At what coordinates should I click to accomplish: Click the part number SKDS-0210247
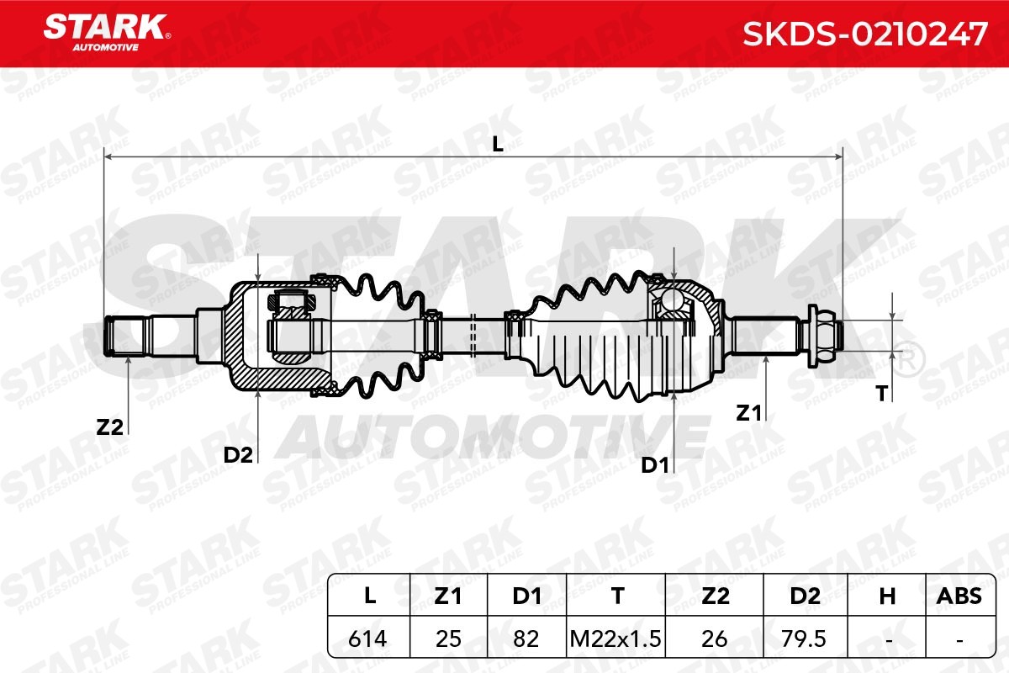(x=865, y=34)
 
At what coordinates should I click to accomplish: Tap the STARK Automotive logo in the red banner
(x=107, y=33)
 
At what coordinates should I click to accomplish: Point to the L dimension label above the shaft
(x=497, y=144)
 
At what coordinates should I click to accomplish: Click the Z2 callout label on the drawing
(x=109, y=427)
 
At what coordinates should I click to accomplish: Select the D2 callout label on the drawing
(x=238, y=455)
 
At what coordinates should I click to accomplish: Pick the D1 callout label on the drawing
(x=654, y=465)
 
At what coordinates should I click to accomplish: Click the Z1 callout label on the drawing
(x=748, y=413)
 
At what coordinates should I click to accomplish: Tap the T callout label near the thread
(x=882, y=394)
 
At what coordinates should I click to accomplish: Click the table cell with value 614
(x=367, y=639)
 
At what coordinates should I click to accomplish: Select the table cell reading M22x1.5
(x=615, y=639)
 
